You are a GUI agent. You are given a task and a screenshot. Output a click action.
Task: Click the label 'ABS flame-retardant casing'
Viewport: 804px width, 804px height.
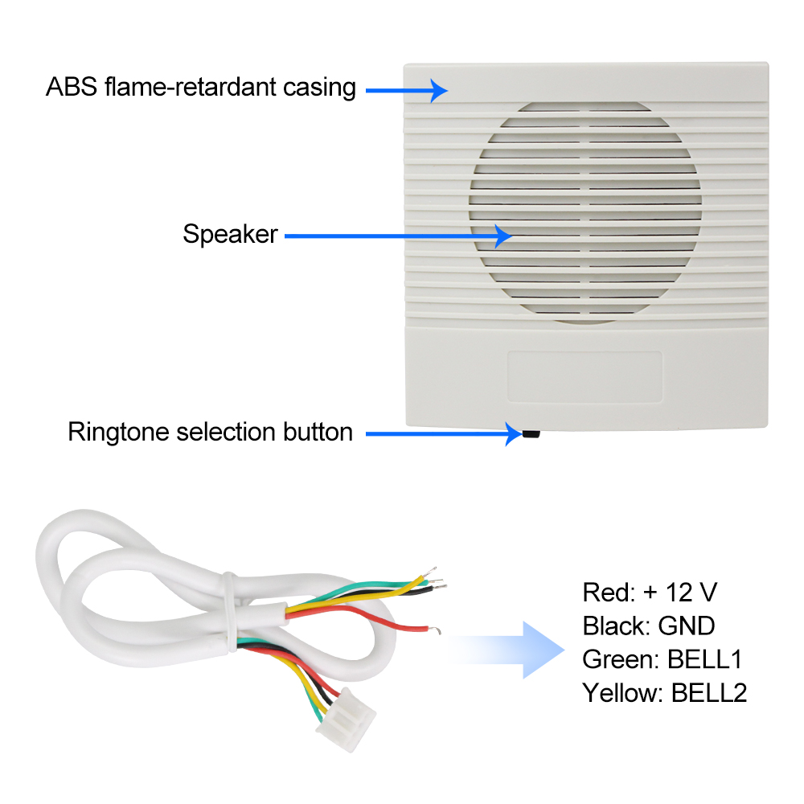point(200,87)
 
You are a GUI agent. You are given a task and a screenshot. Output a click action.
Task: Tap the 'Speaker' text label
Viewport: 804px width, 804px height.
point(230,235)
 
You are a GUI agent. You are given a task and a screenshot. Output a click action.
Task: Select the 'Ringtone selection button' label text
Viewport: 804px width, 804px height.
point(210,432)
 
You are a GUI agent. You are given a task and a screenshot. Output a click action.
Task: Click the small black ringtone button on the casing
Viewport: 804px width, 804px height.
point(531,434)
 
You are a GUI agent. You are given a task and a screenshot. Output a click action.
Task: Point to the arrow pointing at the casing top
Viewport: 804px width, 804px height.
point(406,90)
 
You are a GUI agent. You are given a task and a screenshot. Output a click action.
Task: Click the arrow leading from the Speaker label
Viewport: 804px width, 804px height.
point(398,236)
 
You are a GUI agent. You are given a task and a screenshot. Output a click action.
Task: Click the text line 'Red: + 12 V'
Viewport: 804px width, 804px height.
point(650,593)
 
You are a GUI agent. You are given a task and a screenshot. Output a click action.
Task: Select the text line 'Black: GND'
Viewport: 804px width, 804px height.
point(649,626)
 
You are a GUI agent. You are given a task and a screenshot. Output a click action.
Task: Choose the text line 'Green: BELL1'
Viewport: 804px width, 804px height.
point(662,659)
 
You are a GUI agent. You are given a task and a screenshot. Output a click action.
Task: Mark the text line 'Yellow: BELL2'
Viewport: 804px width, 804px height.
point(665,692)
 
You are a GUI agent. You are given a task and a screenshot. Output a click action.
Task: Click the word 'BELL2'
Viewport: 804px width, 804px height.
point(709,692)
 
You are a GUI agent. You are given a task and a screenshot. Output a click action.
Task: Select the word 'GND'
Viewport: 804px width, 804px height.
point(687,626)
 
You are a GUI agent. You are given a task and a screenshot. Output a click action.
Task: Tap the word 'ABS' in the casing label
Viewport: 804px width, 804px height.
point(71,87)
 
